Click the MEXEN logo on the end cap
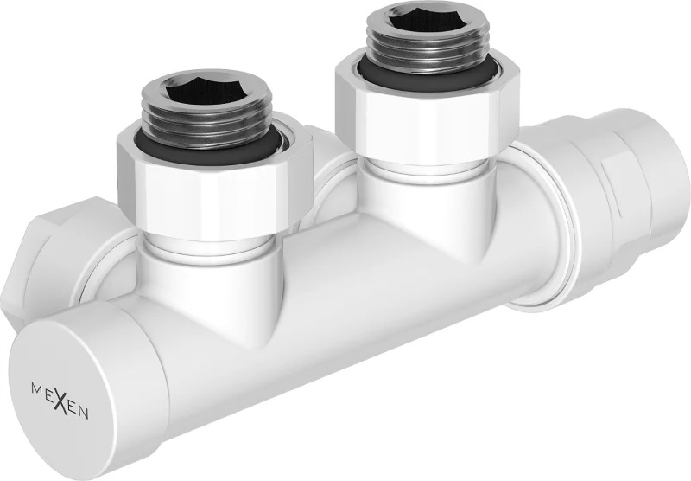59,402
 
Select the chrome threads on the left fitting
206,114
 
